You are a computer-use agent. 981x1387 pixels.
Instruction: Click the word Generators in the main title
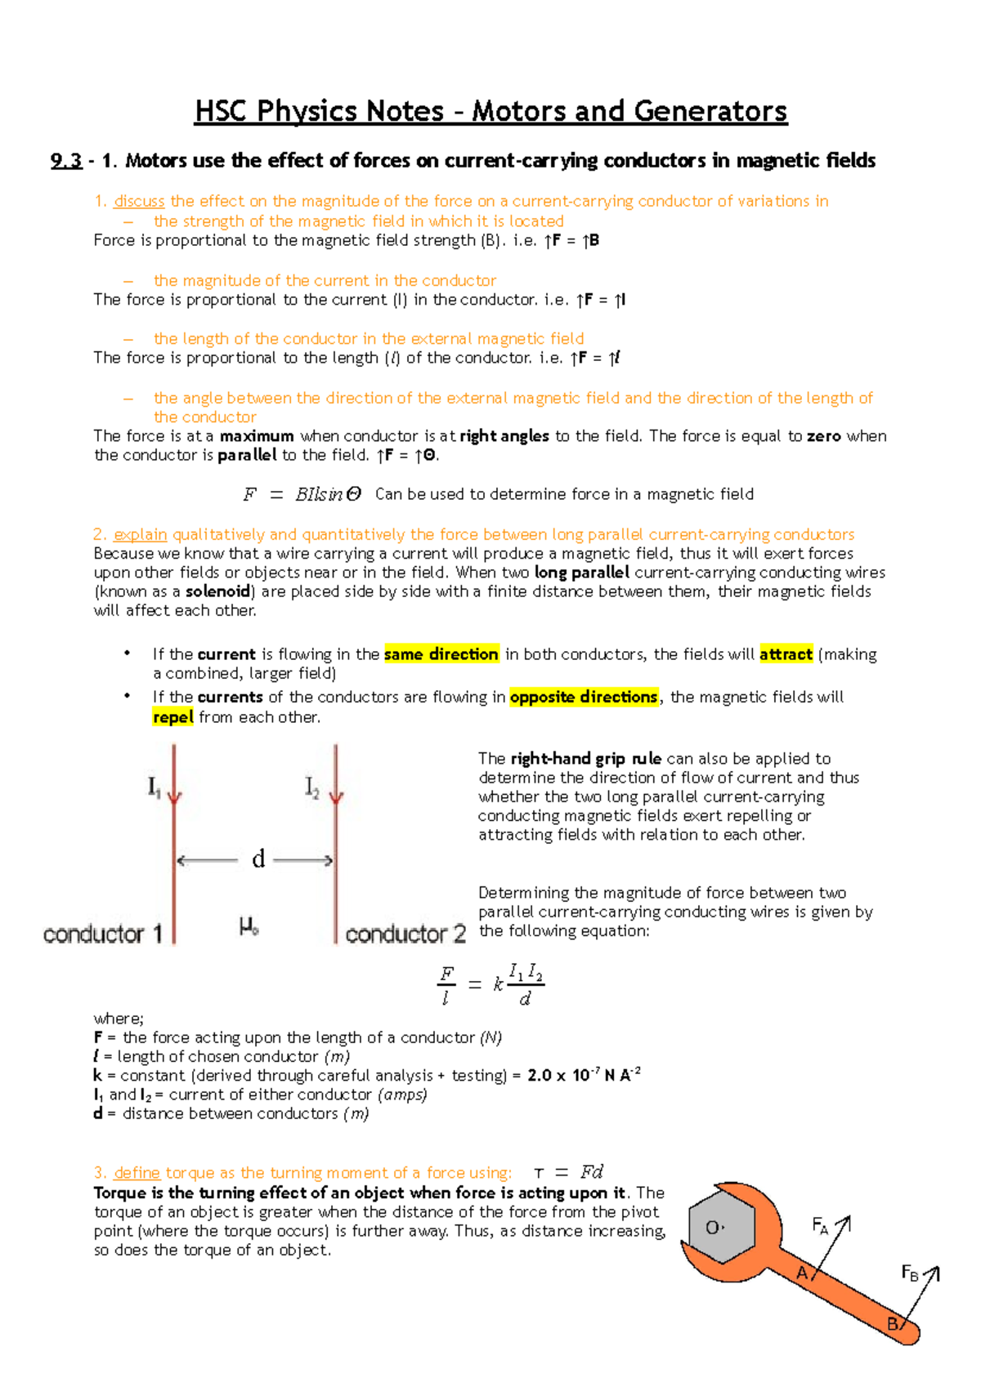coord(710,111)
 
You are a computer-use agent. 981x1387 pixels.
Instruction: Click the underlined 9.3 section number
coord(65,161)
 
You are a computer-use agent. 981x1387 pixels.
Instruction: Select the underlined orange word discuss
coord(139,201)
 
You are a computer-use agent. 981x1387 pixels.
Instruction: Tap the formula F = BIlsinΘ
coord(302,494)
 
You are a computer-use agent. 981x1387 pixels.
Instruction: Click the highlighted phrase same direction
coord(441,654)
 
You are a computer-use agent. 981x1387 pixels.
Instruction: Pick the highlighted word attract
coord(786,654)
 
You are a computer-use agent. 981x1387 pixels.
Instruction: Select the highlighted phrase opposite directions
coord(584,697)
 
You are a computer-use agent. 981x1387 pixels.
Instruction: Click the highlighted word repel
coord(172,717)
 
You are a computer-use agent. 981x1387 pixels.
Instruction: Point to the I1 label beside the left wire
coord(155,787)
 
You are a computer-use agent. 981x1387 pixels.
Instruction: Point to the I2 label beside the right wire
coord(311,787)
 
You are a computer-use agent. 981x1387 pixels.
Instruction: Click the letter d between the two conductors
coord(258,859)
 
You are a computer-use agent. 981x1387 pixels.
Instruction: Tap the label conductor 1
coord(103,934)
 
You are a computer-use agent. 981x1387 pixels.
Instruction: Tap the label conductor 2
coord(405,934)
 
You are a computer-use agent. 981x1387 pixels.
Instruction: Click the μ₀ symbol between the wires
coord(249,926)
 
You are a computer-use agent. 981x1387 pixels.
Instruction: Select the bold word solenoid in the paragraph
coord(217,591)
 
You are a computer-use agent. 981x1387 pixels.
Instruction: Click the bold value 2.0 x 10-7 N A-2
coord(584,1075)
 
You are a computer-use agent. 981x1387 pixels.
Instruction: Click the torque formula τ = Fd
coord(569,1172)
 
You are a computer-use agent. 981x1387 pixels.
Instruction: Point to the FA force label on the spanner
coord(820,1225)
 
